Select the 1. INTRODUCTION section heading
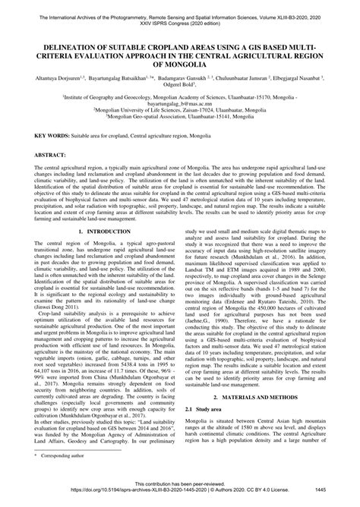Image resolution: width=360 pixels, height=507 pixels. click(x=100, y=208)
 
